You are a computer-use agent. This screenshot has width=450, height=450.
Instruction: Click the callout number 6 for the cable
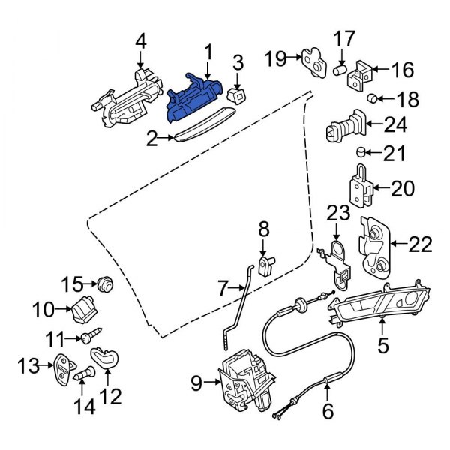tap(327, 412)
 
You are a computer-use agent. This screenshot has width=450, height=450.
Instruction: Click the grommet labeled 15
tap(104, 283)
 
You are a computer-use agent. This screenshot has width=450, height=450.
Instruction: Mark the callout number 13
tap(28, 366)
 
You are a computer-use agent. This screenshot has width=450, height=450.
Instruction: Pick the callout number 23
tap(337, 215)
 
